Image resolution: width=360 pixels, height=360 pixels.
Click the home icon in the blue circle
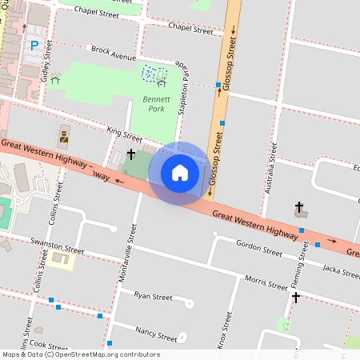pyautogui.click(x=180, y=173)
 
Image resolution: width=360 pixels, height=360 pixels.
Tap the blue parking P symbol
pyautogui.click(x=34, y=46)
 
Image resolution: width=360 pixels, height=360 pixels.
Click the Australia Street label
pyautogui.click(x=270, y=170)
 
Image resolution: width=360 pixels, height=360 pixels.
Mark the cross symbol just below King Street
pyautogui.click(x=131, y=154)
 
